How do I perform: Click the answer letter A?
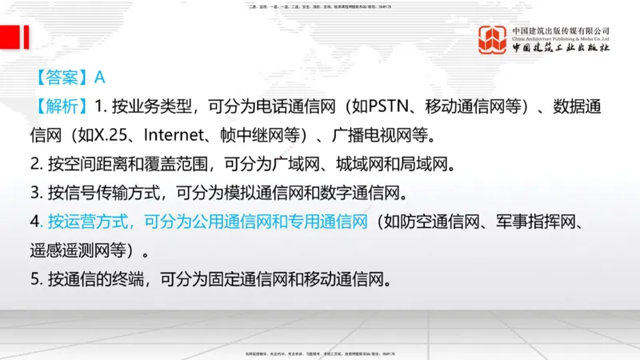[100, 78]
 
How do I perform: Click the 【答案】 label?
[62, 78]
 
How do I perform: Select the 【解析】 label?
[62, 106]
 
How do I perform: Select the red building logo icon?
[493, 40]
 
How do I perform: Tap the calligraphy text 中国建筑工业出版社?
[561, 48]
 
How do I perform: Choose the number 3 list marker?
[35, 194]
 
